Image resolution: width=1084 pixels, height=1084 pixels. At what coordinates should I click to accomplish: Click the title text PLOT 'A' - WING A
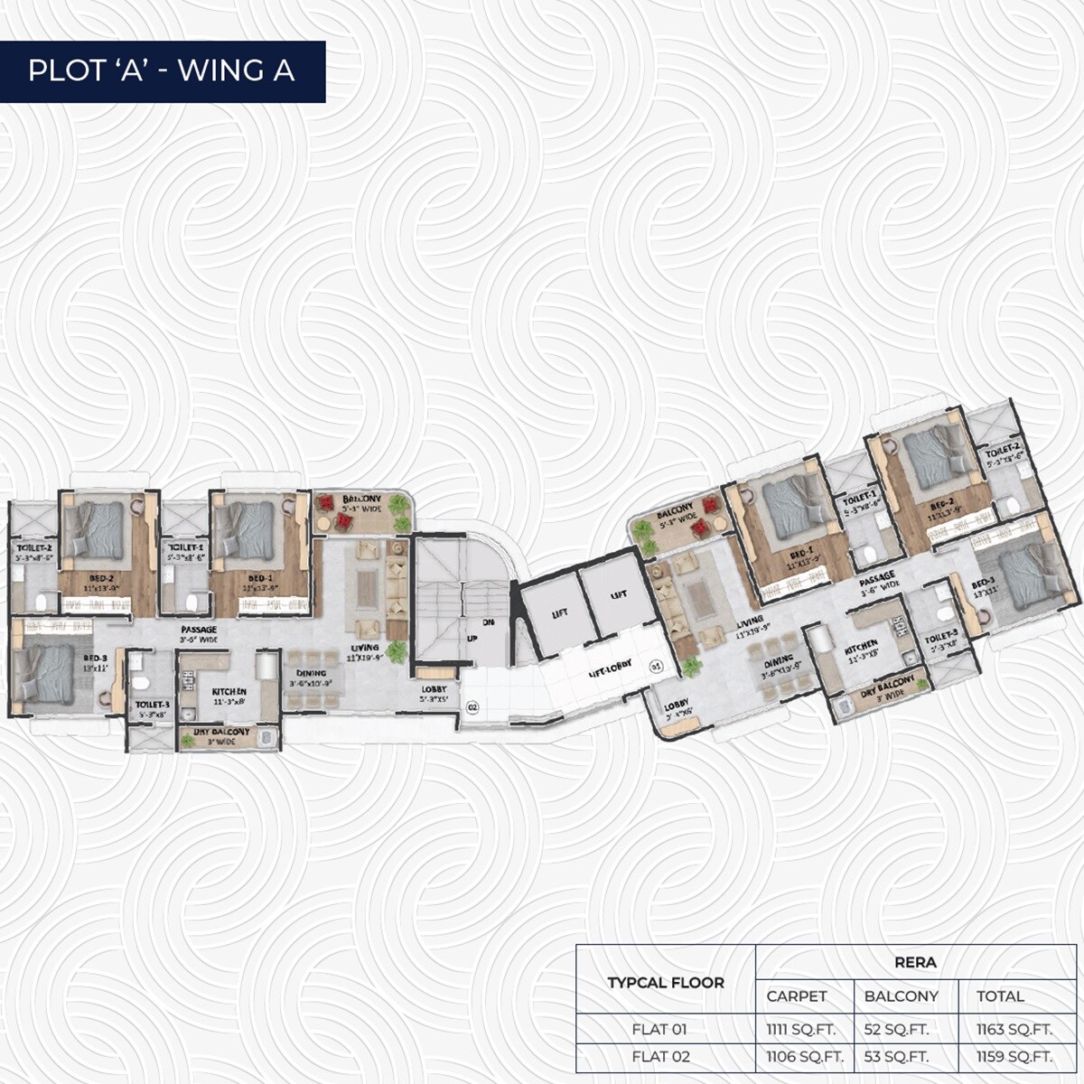click(162, 70)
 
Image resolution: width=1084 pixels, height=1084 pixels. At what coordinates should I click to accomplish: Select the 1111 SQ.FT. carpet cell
click(800, 1029)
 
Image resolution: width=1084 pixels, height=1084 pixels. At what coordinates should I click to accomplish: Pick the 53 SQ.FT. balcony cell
click(896, 1056)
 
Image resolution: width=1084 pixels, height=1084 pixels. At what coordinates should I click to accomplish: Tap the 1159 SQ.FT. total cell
click(1014, 1056)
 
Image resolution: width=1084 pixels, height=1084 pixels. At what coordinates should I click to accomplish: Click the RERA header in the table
click(915, 962)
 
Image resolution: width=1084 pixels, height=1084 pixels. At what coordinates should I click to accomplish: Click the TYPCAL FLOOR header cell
click(666, 982)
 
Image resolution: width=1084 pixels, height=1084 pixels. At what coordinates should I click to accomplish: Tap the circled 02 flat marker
click(472, 707)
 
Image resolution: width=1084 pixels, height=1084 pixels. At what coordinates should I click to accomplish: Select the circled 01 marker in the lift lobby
click(657, 666)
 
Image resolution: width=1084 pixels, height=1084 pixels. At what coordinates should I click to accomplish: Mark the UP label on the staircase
click(471, 637)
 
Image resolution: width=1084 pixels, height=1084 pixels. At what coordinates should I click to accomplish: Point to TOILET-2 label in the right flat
click(1003, 452)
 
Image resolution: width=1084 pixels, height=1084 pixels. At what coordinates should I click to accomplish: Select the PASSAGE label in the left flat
click(198, 629)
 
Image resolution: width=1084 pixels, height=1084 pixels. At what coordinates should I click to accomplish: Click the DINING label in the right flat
click(778, 660)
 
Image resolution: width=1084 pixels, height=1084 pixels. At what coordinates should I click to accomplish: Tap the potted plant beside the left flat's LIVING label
click(395, 650)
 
